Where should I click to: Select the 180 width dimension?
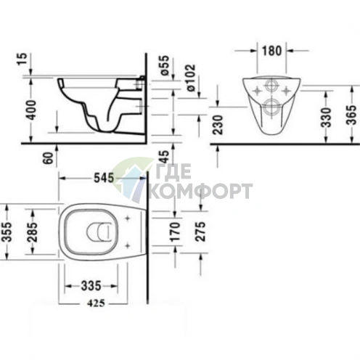coord(272,52)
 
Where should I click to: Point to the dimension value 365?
coord(351,115)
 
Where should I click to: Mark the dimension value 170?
coord(173,232)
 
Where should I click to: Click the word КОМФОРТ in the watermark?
coord(200,192)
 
